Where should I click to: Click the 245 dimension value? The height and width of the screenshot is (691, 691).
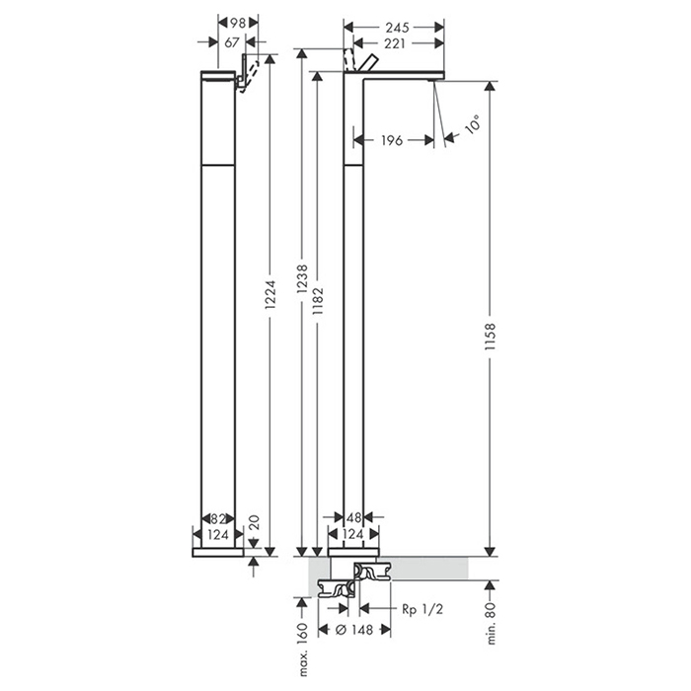(x=398, y=28)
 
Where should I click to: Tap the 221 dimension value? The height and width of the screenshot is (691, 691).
(x=395, y=43)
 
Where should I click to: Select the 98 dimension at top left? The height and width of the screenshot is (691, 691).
(x=238, y=22)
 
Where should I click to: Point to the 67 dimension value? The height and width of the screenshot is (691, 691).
(x=232, y=42)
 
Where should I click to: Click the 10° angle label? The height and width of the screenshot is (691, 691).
(x=472, y=123)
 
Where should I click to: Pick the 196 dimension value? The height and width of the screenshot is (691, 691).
(x=392, y=140)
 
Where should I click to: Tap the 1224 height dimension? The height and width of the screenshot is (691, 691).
(x=270, y=294)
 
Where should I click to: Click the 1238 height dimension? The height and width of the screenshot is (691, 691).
(x=302, y=279)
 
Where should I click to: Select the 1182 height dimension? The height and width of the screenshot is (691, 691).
(x=318, y=302)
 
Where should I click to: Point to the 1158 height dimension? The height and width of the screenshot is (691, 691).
(x=490, y=338)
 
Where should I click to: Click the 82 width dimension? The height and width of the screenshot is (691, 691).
(x=218, y=518)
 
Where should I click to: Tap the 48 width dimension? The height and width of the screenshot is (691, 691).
(x=353, y=517)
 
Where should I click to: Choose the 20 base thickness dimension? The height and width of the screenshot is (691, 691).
(x=255, y=522)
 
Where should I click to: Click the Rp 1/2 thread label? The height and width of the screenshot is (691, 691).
(x=422, y=609)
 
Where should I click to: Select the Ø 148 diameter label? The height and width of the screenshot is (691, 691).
(x=354, y=630)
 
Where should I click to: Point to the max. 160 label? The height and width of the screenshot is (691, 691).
(x=302, y=650)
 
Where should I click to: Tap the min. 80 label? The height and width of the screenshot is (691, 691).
(x=491, y=624)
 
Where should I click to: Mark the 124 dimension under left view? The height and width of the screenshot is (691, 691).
(x=218, y=535)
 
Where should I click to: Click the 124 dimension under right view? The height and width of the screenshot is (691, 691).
(x=353, y=534)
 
